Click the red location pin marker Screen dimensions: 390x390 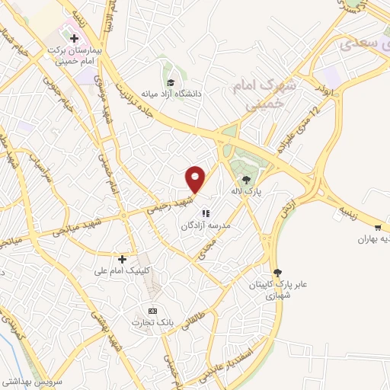(x=196, y=179)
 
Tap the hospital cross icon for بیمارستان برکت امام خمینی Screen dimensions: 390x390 (x=74, y=37)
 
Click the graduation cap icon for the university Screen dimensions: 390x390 (x=170, y=82)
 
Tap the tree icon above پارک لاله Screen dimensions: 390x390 (x=245, y=181)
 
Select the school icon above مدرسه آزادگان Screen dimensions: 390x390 (x=206, y=213)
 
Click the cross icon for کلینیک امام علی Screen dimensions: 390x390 (x=121, y=259)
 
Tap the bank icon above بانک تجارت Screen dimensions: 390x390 (x=152, y=311)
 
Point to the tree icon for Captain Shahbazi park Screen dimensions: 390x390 (x=277, y=272)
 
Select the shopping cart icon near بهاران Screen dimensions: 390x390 (x=379, y=227)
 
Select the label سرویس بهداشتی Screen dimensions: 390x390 (x=30, y=379)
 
